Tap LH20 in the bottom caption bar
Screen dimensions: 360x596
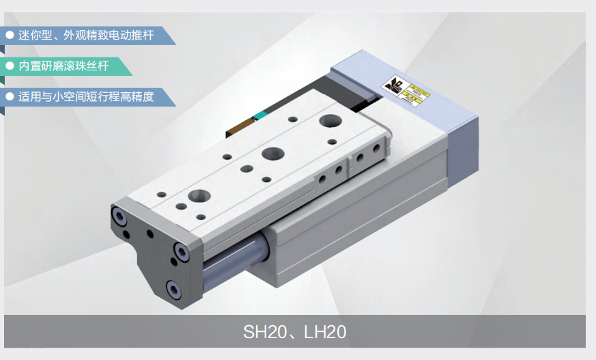click(x=323, y=332)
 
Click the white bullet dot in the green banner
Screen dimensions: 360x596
click(x=10, y=66)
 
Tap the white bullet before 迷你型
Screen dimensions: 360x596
click(x=10, y=35)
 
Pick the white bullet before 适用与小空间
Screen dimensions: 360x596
click(x=10, y=97)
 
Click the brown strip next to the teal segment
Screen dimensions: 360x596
click(x=240, y=124)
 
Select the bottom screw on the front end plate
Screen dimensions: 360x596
click(x=174, y=290)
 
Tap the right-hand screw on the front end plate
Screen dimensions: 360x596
click(x=182, y=251)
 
